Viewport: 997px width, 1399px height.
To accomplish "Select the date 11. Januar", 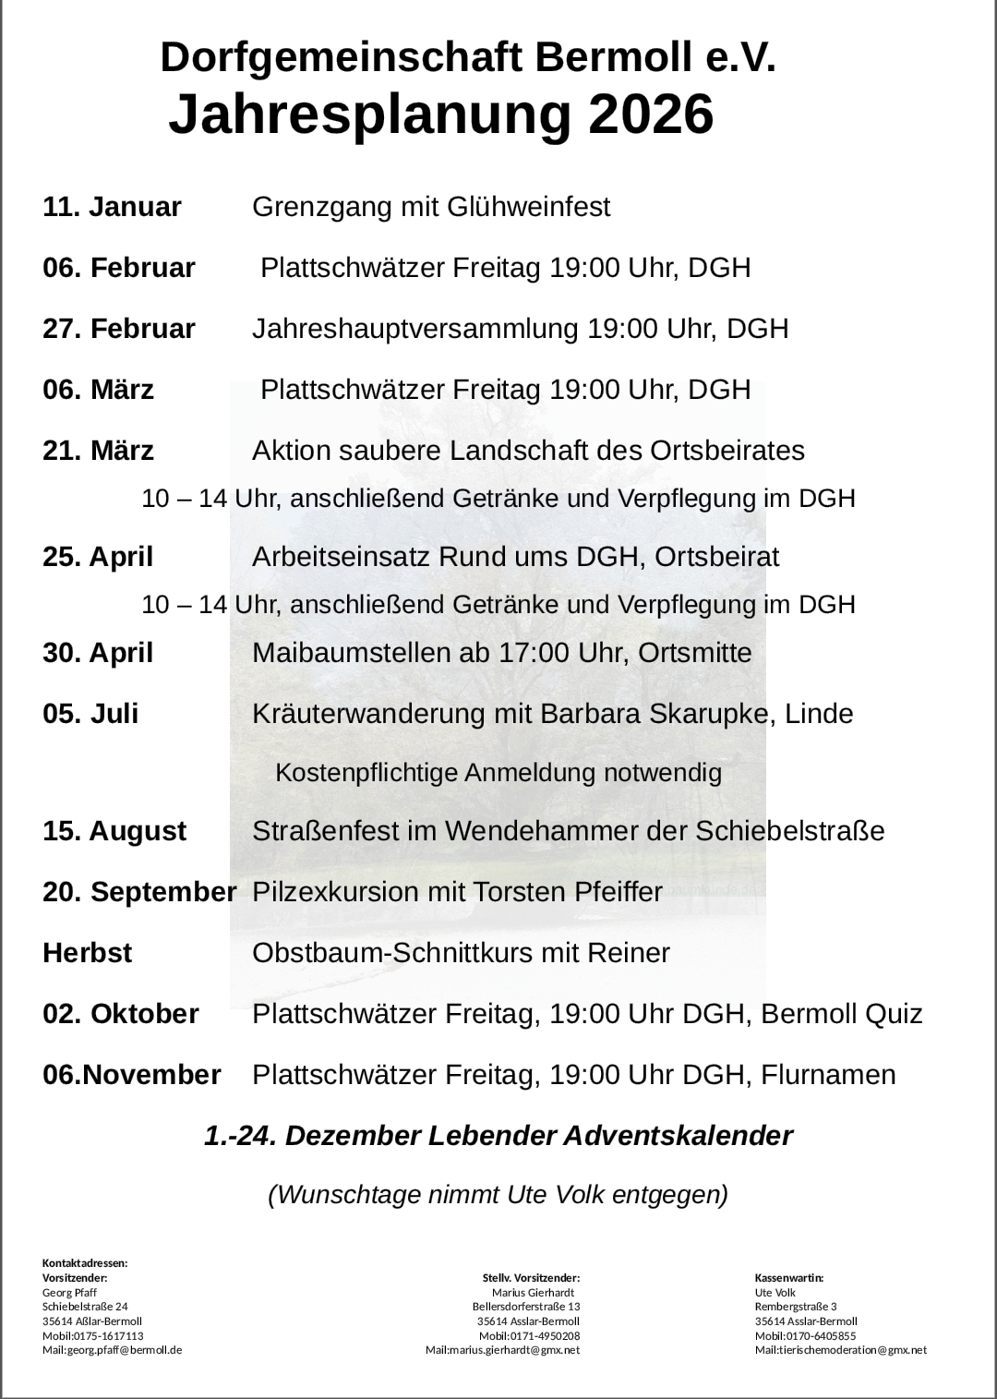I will coord(112,207).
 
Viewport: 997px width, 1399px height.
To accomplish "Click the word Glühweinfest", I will coord(528,207).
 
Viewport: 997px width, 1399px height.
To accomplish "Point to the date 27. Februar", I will coord(119,329).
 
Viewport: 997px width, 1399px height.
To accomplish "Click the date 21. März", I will coord(98,451).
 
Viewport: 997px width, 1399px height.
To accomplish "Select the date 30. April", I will coord(98,653).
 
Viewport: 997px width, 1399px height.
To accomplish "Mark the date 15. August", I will coord(114,831).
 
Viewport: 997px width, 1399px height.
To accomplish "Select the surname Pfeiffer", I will coord(619,892).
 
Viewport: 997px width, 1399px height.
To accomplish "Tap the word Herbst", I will coord(87,953).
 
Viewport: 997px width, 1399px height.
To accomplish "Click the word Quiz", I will coord(893,1014).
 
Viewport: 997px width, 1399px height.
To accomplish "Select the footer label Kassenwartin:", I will coord(789,1278).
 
